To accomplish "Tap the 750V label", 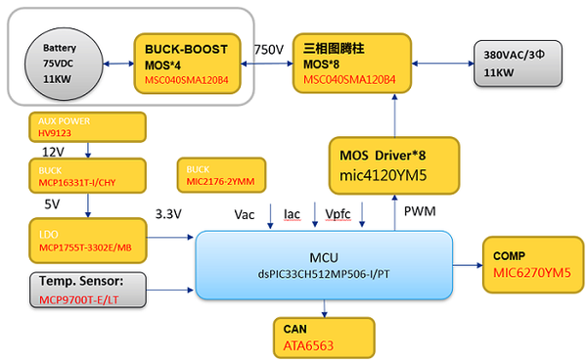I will (x=269, y=49).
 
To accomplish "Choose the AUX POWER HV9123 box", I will (x=87, y=126).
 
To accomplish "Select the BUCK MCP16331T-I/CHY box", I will (x=87, y=176).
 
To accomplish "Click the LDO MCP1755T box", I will (x=87, y=241).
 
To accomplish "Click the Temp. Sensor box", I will (x=87, y=288).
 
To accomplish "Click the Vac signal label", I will (x=247, y=213).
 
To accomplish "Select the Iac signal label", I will (x=292, y=213).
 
